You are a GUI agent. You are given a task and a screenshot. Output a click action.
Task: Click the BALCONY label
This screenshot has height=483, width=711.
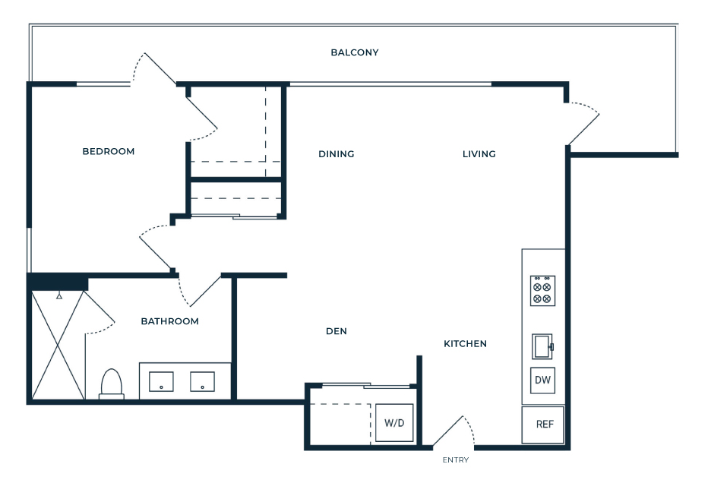(355, 52)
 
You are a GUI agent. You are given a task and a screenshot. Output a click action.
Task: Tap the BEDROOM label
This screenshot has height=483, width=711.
(109, 151)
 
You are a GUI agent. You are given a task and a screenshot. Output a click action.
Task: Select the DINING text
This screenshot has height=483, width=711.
(336, 154)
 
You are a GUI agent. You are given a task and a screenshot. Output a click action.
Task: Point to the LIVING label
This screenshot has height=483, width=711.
(479, 154)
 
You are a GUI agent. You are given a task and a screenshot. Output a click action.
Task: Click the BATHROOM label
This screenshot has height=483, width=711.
(169, 321)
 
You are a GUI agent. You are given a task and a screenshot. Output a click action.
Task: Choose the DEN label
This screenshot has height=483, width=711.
(337, 332)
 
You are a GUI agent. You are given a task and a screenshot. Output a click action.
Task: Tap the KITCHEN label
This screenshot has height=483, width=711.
(465, 344)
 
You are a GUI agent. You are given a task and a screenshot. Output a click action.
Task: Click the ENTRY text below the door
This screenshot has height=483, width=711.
(456, 460)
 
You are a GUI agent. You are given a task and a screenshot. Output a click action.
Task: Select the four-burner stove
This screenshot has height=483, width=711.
(543, 291)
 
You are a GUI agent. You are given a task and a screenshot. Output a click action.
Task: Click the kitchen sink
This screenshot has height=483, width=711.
(542, 346)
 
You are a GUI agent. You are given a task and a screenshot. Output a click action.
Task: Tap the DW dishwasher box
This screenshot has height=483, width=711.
(543, 380)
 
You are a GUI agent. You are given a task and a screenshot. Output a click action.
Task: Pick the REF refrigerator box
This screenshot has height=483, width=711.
(543, 425)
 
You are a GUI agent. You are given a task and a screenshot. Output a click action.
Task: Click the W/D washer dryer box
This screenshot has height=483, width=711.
(394, 423)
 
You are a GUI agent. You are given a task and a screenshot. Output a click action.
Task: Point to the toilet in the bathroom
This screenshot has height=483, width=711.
(112, 384)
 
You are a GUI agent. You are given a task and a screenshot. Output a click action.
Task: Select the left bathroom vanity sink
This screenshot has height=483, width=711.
(162, 382)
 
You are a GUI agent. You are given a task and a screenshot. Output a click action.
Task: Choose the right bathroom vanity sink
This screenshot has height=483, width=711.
(202, 382)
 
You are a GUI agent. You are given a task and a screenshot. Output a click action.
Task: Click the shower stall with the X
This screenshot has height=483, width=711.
(58, 346)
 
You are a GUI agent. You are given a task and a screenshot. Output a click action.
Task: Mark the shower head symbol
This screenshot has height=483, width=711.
(59, 296)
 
